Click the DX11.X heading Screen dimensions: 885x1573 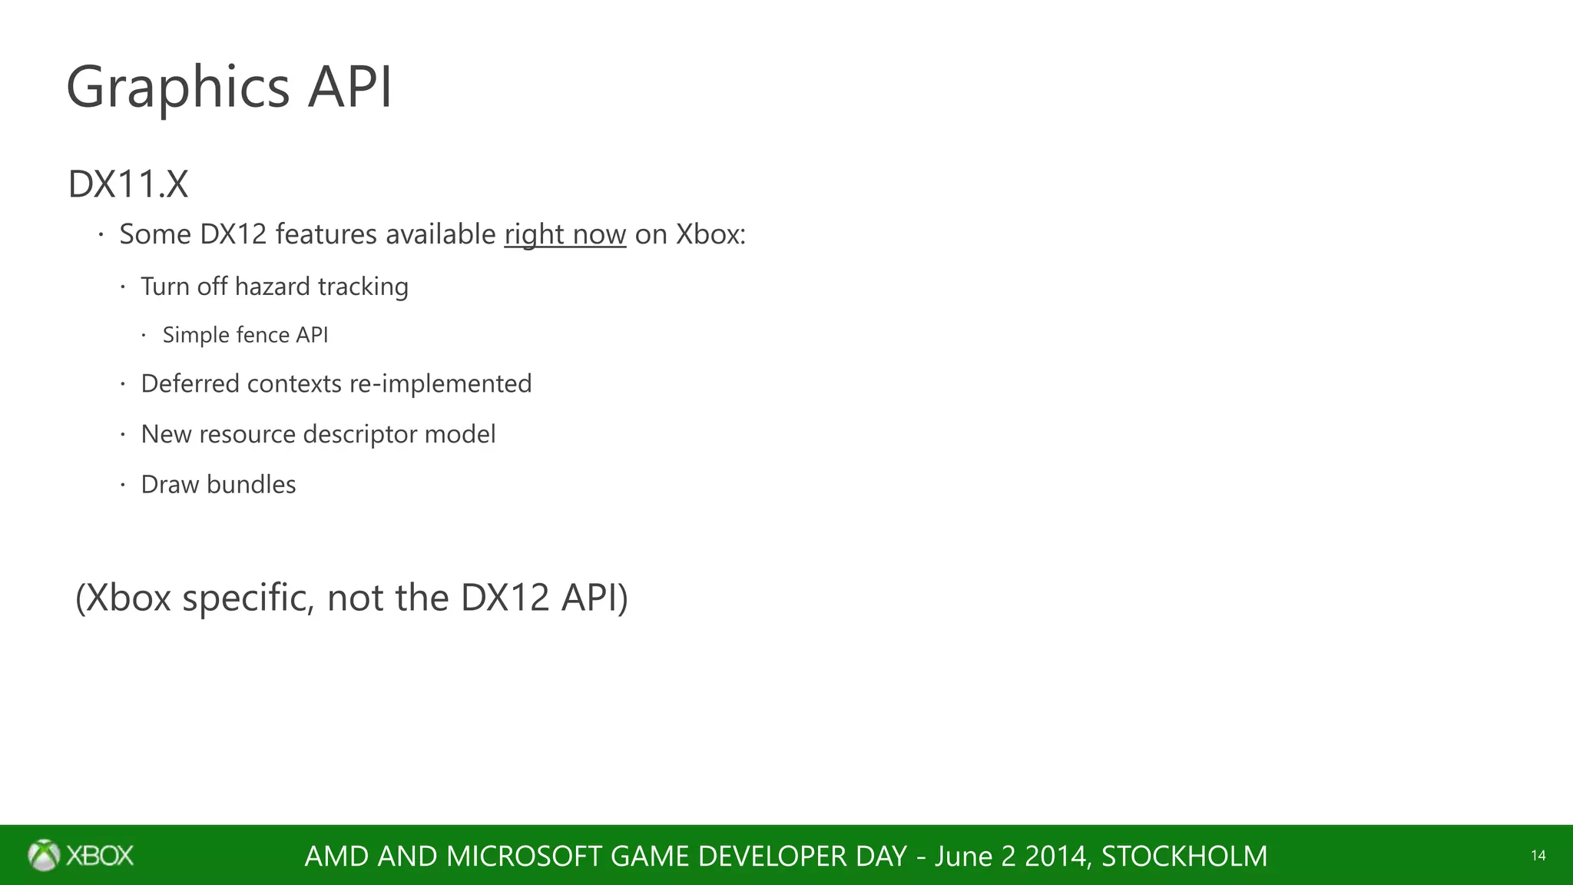click(128, 184)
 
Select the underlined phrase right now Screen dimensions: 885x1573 click(565, 234)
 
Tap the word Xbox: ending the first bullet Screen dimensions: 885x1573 click(710, 234)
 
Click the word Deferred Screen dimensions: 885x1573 click(190, 383)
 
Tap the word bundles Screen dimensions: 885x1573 click(251, 485)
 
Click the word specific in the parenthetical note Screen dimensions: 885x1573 click(247, 598)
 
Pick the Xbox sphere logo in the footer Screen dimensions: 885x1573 click(44, 855)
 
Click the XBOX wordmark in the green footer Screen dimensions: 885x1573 click(100, 855)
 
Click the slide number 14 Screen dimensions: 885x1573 click(1538, 856)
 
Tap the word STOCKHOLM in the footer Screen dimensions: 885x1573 click(1184, 856)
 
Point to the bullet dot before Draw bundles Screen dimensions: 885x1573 click(122, 485)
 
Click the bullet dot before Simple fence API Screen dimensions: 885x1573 click(144, 335)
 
